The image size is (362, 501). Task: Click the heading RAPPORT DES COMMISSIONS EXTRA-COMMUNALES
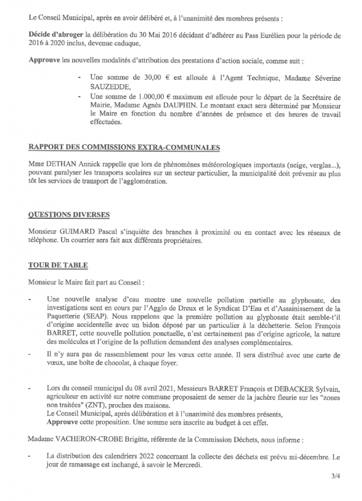tap(125, 147)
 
